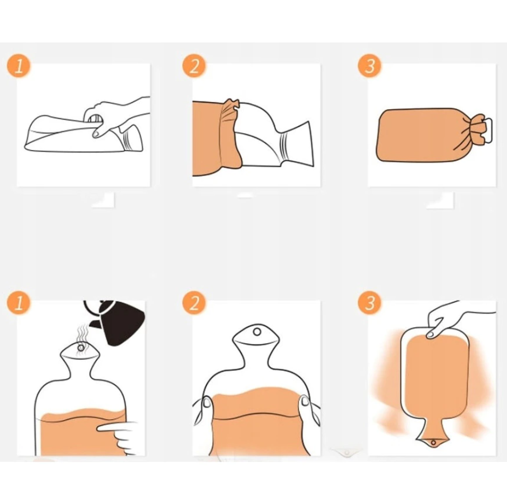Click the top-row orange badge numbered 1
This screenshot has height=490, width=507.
19,65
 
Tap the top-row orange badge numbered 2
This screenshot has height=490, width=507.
194,65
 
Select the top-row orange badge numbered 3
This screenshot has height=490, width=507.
370,65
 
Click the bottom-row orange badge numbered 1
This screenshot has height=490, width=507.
19,303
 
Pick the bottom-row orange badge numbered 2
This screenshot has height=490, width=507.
194,303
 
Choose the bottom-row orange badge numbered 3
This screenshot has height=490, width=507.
370,303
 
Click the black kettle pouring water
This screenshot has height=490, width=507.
117,320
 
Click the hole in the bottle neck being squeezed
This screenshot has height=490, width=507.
257,331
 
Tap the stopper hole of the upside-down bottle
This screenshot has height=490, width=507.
433,443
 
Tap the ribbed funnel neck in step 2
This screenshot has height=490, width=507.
296,144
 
